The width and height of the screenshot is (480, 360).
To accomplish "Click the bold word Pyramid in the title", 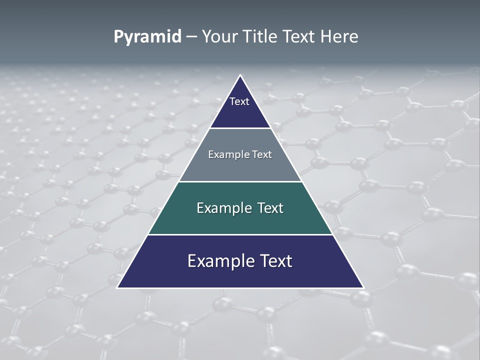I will (147, 37).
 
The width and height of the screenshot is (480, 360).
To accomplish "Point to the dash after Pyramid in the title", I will (191, 37).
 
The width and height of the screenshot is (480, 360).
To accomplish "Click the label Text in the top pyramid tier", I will (239, 101).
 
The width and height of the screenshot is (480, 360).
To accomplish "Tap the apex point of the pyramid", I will (240, 75).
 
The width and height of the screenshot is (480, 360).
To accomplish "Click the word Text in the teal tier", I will (270, 208).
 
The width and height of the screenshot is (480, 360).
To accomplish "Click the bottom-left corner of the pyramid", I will (118, 287).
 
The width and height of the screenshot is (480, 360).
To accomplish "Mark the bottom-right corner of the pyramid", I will (362, 287).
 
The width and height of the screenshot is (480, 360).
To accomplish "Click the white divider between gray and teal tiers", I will (240, 181).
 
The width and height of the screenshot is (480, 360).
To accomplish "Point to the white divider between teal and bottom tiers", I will (240, 234).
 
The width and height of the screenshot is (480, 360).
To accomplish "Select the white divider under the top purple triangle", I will (240, 128).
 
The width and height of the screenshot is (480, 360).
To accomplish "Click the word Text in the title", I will (299, 36).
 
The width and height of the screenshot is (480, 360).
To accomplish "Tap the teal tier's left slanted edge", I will (164, 208).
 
